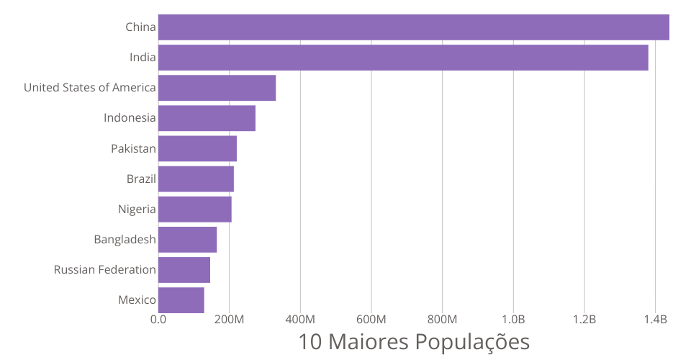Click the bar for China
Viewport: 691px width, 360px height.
tap(413, 27)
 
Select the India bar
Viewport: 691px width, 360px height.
tap(403, 58)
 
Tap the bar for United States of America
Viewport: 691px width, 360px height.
tap(217, 88)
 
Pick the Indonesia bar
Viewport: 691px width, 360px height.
tap(207, 118)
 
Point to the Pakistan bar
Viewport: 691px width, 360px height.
tap(197, 148)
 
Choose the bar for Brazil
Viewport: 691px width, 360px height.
tap(196, 179)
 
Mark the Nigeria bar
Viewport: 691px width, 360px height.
tap(194, 209)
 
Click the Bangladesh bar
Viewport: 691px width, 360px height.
tap(187, 239)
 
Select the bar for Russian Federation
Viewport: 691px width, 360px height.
tap(184, 269)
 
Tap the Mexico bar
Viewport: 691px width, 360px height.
tap(181, 300)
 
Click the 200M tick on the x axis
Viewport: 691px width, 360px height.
tap(229, 319)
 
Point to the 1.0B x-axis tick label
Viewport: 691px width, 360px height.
tap(513, 319)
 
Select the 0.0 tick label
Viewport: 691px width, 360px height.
tap(158, 319)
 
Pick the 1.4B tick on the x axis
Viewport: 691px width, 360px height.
tap(656, 319)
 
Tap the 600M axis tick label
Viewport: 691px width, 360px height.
tap(371, 319)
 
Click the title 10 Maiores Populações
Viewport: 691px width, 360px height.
tap(413, 341)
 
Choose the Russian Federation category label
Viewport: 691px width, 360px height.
tap(104, 270)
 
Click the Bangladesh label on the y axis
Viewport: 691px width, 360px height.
tap(125, 240)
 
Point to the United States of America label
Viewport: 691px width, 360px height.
tap(89, 88)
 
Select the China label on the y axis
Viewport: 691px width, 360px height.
tap(140, 27)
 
